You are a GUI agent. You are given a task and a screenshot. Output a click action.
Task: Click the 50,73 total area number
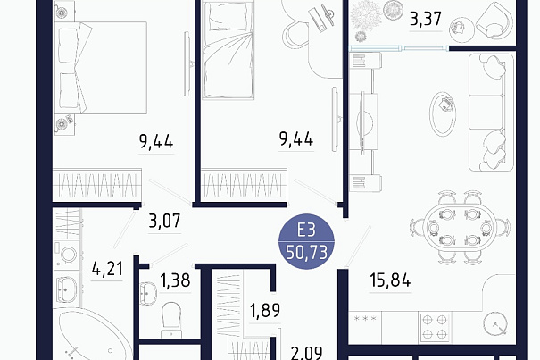(306, 253)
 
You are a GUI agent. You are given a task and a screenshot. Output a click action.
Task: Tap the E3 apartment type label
(306, 230)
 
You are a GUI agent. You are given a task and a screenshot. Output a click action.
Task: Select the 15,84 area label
(390, 280)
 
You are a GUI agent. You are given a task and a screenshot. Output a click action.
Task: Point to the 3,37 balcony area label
(426, 19)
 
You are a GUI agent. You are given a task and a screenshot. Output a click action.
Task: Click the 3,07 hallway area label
(164, 221)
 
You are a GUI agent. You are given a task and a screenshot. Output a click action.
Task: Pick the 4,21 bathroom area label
(107, 269)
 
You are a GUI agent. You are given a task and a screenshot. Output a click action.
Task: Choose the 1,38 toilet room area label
(175, 280)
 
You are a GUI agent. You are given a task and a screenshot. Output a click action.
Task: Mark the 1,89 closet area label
(265, 310)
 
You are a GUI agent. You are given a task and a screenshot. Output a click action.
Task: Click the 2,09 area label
(306, 353)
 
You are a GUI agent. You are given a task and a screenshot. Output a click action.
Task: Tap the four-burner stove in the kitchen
(435, 327)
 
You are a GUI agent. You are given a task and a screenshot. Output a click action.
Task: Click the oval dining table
(460, 228)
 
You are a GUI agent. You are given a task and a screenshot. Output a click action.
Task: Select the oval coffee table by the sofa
(443, 113)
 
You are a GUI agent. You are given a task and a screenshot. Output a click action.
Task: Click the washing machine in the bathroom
(68, 255)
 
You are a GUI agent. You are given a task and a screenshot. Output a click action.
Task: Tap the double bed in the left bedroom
(101, 68)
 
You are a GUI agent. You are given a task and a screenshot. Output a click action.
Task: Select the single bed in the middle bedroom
(228, 50)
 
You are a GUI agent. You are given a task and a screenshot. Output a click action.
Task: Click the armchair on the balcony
(494, 21)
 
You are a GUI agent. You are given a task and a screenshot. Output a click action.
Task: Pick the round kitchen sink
(495, 324)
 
